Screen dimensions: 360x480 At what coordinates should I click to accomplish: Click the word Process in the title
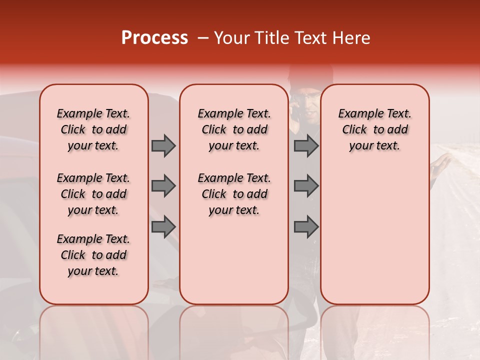(154, 38)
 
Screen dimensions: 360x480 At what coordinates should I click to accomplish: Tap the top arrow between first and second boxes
(163, 145)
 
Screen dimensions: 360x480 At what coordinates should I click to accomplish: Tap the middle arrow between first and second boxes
(163, 186)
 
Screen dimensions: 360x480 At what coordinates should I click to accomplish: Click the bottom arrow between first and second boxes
(163, 227)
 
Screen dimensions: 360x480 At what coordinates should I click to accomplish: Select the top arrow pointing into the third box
(306, 145)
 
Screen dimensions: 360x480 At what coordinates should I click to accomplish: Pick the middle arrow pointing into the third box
(306, 186)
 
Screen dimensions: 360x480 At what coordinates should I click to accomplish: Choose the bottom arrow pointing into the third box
(306, 227)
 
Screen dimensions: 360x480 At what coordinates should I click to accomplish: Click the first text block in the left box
(93, 129)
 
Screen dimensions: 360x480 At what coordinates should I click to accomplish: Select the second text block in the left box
(93, 194)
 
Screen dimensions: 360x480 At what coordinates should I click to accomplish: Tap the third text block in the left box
(93, 255)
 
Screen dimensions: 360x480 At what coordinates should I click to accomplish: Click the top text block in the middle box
(234, 129)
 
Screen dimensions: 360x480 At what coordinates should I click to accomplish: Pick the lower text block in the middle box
(234, 194)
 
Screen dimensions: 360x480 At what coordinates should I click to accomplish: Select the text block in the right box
(374, 129)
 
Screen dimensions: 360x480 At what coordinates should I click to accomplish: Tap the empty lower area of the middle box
(234, 260)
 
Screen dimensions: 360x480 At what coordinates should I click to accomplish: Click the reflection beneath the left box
(93, 330)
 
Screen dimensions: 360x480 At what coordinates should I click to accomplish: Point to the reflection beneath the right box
(374, 330)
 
